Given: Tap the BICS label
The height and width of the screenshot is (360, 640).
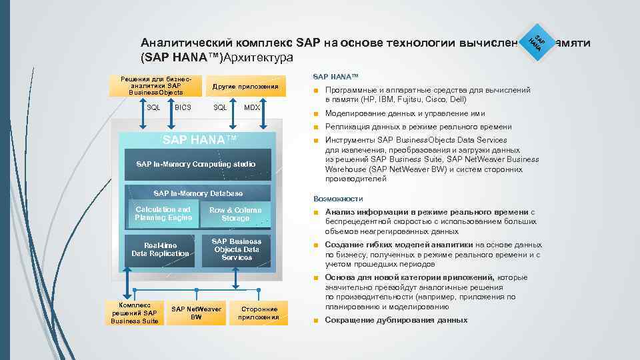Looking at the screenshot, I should pos(183,107).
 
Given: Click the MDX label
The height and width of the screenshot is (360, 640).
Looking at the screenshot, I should pos(252,107).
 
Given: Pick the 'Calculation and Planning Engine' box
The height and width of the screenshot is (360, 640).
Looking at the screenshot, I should pos(163,214).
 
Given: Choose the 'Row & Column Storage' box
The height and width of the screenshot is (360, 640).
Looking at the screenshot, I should pos(235,214).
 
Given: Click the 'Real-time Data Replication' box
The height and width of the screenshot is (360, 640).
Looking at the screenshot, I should pos(160,250).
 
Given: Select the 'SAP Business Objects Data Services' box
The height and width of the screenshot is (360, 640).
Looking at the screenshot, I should pos(237,249).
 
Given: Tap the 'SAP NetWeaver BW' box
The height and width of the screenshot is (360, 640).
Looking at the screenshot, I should pos(196,313).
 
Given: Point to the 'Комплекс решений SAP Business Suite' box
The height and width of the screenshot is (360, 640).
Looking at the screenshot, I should pos(135,313).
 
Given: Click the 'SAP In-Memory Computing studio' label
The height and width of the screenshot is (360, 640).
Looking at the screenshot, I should pos(195,163).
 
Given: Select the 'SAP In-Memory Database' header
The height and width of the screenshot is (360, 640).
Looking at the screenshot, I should pos(198,193).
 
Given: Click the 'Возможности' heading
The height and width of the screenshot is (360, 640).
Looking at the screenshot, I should pos(338,199).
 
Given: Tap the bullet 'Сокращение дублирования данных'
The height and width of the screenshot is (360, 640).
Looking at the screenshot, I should pos(396,320).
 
